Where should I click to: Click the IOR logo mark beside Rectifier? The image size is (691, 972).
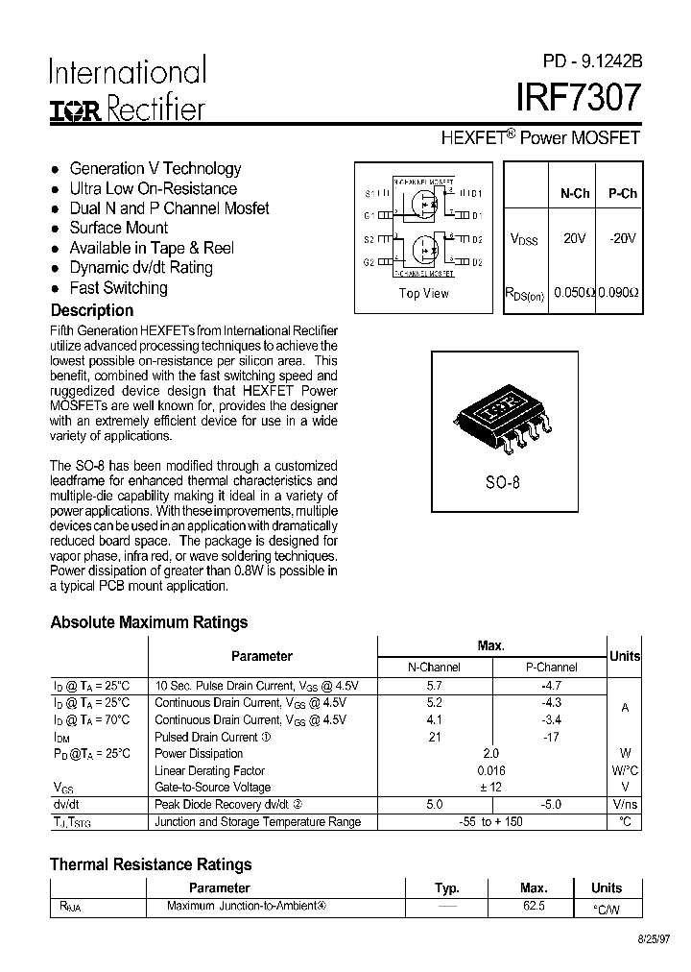[74, 109]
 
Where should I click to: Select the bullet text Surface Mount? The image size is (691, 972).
[118, 228]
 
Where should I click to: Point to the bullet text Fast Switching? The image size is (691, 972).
[118, 287]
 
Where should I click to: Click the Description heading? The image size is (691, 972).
[92, 310]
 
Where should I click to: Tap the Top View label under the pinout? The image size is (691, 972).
[423, 293]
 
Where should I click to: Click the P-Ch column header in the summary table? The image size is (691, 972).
[622, 193]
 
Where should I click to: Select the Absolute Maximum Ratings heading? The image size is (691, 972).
[149, 622]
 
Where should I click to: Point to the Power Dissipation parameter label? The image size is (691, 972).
[199, 753]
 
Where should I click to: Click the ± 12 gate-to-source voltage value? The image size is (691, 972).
[490, 787]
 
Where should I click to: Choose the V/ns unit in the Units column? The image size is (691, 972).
[625, 804]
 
